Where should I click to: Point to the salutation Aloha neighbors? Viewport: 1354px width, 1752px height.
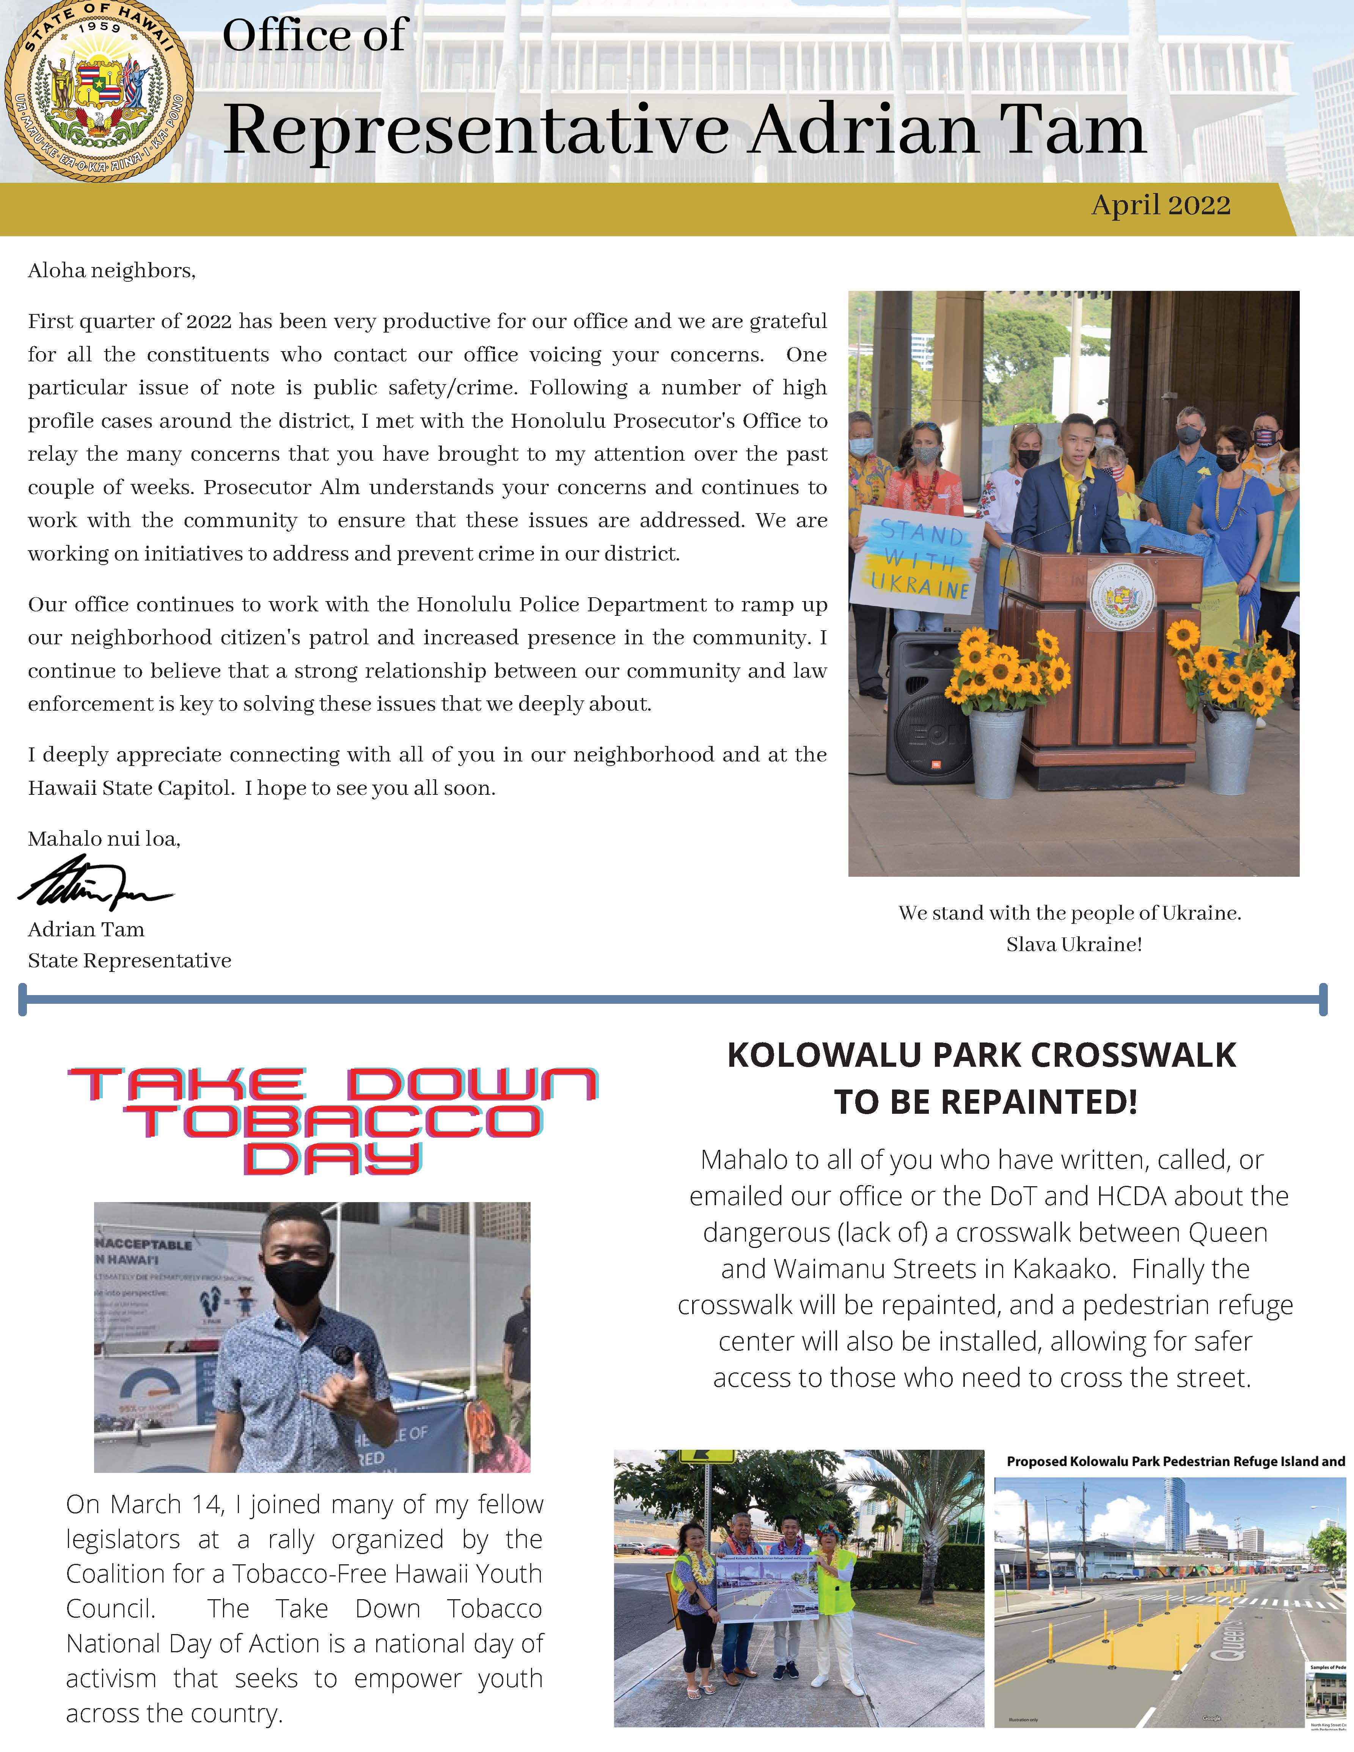pyautogui.click(x=112, y=271)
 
